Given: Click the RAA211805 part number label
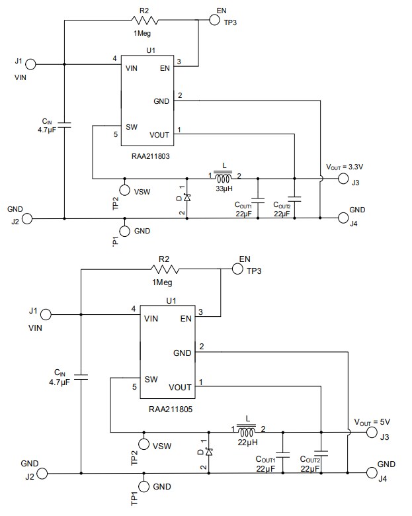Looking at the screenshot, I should pyautogui.click(x=171, y=410).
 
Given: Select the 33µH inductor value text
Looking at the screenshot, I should pyautogui.click(x=223, y=189).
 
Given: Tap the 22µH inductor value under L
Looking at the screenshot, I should pyautogui.click(x=247, y=441).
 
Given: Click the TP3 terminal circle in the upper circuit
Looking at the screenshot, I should pyautogui.click(x=214, y=20).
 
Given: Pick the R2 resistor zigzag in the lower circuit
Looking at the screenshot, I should pyautogui.click(x=165, y=269).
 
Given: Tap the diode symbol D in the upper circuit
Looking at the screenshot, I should pyautogui.click(x=186, y=197).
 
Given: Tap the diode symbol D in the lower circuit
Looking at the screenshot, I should pyautogui.click(x=209, y=452).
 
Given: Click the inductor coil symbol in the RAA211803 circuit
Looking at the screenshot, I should pyautogui.click(x=223, y=177).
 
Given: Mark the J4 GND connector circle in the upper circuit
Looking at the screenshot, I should pyautogui.click(x=343, y=218).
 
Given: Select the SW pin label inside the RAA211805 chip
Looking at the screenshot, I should pyautogui.click(x=151, y=380).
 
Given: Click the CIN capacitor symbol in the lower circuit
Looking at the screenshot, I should pyautogui.click(x=80, y=377).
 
